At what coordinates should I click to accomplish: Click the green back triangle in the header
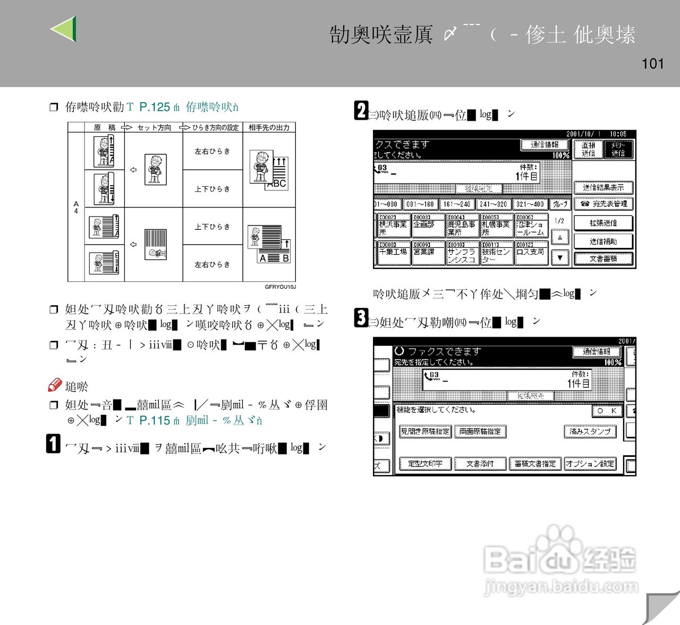(x=64, y=29)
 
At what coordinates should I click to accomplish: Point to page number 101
(x=652, y=64)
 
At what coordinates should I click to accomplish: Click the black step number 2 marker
(x=361, y=111)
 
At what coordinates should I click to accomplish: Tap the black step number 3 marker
(x=361, y=318)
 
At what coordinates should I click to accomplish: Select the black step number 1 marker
(x=54, y=444)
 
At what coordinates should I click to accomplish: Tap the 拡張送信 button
(x=603, y=223)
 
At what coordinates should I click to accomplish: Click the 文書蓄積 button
(x=603, y=259)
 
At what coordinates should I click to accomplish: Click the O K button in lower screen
(x=606, y=411)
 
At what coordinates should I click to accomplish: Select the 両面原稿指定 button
(x=480, y=431)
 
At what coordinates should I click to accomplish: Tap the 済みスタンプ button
(x=590, y=431)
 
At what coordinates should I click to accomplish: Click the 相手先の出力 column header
(x=269, y=128)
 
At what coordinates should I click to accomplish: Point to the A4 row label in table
(x=76, y=207)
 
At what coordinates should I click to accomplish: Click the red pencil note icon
(x=55, y=385)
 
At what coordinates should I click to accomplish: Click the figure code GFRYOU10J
(x=280, y=287)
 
